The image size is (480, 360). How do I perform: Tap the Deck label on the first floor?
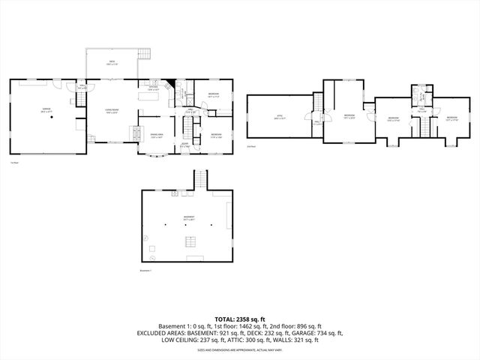tap(111, 62)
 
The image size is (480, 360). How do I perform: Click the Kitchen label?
tap(153, 89)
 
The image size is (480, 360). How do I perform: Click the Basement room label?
tap(188, 219)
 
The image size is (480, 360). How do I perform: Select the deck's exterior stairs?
tap(145, 53)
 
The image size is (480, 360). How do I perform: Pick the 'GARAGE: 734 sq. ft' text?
tap(316, 333)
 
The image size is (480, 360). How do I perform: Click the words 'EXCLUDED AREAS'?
tap(158, 333)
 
